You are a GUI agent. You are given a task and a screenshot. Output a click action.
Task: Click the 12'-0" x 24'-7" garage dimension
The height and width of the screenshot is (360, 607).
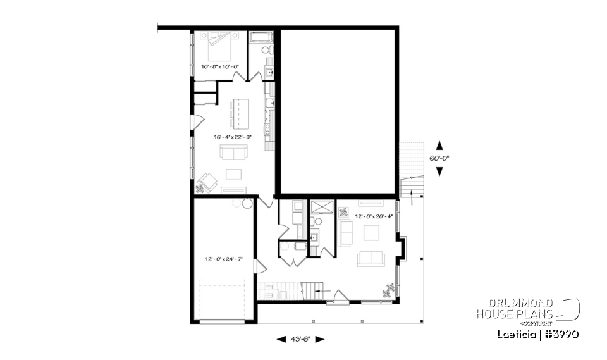(x=224, y=259)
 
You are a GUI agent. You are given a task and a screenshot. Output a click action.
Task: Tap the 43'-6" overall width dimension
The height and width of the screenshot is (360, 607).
(x=301, y=339)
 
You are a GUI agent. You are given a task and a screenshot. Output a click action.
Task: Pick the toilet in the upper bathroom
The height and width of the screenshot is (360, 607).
(x=267, y=50)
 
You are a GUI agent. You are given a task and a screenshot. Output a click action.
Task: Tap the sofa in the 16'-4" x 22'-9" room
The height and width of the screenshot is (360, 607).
(x=233, y=152)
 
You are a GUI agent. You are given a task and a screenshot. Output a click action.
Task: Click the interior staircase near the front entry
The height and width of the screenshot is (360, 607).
(x=311, y=292)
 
